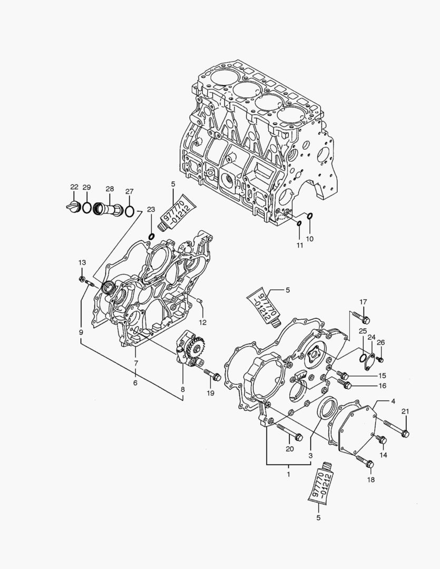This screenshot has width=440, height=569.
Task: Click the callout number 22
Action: (74, 187)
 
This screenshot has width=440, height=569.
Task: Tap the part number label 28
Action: (110, 189)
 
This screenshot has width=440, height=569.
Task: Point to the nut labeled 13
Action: (82, 279)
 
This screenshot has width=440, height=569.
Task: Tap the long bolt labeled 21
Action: (397, 428)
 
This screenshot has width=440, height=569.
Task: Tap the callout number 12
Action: (202, 322)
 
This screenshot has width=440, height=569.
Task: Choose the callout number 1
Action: (288, 475)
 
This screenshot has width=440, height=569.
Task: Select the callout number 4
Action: (392, 402)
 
